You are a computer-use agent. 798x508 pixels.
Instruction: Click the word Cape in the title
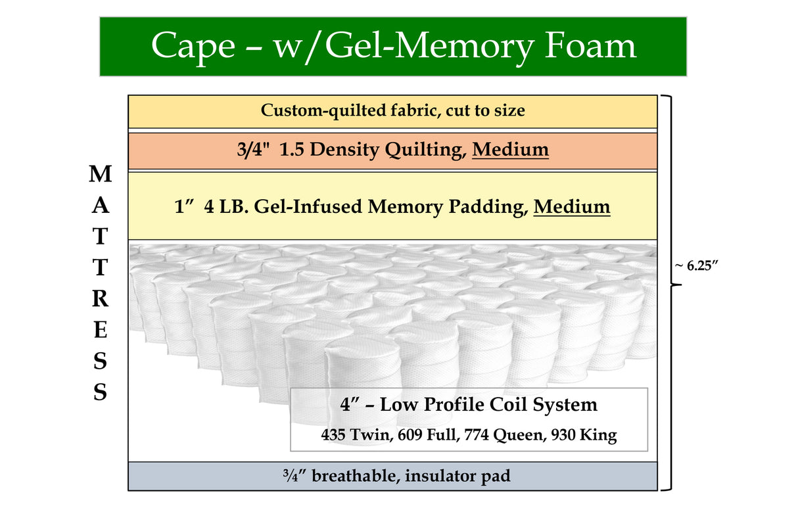(x=192, y=47)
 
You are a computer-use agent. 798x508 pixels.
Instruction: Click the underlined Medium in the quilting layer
(x=510, y=150)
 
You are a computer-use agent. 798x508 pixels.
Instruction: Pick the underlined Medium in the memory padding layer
(x=571, y=206)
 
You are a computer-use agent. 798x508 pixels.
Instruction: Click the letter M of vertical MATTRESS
(x=100, y=174)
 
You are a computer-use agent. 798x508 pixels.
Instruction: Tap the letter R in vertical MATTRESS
(x=100, y=298)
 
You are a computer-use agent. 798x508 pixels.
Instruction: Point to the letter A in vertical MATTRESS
(x=100, y=206)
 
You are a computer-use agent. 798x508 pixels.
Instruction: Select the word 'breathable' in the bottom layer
(x=355, y=476)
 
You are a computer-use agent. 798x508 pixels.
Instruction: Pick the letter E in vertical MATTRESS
(x=100, y=330)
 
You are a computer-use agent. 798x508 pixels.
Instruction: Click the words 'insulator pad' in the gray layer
(x=458, y=476)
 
